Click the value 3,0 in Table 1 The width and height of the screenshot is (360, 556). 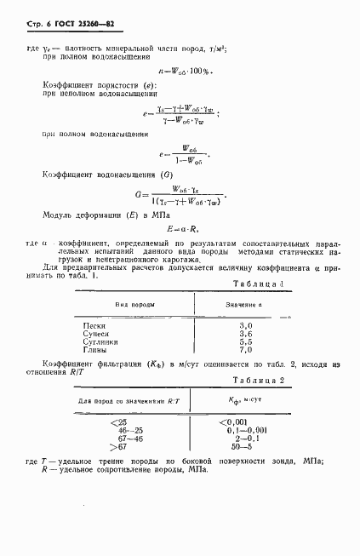[x=247, y=326]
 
